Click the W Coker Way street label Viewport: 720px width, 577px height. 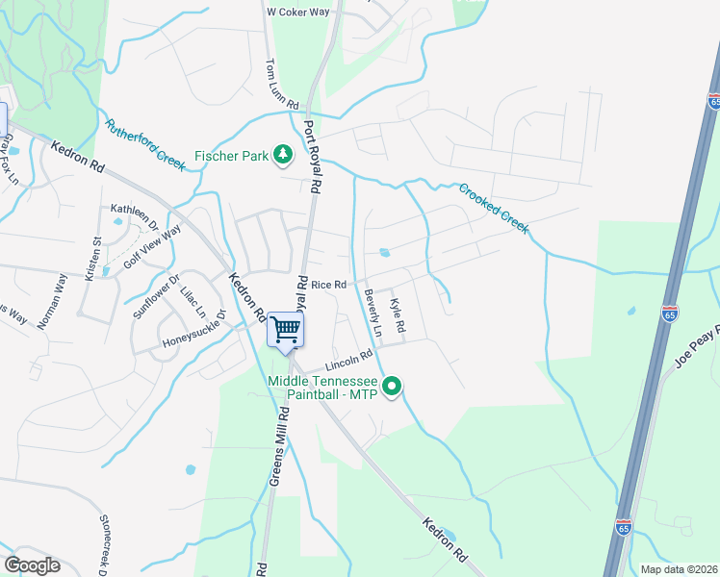click(x=297, y=12)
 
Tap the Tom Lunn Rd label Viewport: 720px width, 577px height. click(x=282, y=84)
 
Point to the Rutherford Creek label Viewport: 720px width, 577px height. click(x=145, y=144)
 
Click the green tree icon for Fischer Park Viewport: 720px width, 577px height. click(x=283, y=154)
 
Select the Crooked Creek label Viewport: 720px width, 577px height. click(x=493, y=208)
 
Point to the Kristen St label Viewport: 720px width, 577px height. click(x=94, y=260)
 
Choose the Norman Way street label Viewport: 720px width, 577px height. click(x=52, y=302)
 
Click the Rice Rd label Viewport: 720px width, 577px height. click(x=328, y=285)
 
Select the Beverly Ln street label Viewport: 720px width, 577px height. click(x=373, y=313)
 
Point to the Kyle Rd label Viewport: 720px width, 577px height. click(x=397, y=316)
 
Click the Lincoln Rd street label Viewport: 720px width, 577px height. click(x=348, y=361)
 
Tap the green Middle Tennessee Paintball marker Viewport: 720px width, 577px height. click(x=392, y=388)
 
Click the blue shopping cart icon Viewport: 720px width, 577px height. click(x=285, y=331)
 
